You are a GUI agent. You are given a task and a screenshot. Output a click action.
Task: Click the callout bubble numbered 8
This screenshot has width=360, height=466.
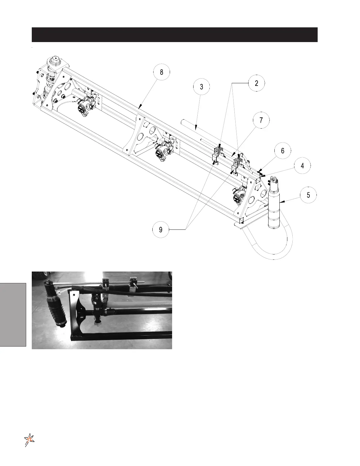161,72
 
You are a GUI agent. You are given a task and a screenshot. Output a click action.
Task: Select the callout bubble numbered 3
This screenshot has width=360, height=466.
201,87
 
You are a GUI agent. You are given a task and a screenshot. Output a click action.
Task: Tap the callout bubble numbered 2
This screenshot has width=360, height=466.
256,83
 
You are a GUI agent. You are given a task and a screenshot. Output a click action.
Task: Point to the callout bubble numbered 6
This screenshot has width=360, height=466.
283,151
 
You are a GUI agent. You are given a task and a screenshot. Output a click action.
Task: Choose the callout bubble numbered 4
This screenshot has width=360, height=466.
302,166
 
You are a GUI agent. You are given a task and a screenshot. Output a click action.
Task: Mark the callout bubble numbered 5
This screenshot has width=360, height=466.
308,195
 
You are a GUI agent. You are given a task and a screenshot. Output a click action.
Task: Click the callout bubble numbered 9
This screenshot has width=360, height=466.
161,229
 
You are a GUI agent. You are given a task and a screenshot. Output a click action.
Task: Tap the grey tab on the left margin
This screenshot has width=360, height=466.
13,314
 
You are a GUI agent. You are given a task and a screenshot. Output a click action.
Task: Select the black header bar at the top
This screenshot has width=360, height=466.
174,35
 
